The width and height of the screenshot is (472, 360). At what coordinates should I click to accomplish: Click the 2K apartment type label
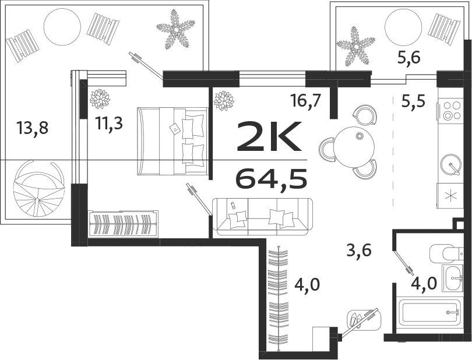[x=269, y=137]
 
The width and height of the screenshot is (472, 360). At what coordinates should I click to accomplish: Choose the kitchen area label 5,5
[x=413, y=102]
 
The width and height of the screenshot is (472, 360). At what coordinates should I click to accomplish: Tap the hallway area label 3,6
[x=358, y=252]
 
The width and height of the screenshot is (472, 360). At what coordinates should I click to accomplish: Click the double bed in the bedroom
[x=172, y=141]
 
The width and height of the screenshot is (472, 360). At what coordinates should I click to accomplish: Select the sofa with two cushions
[x=262, y=217]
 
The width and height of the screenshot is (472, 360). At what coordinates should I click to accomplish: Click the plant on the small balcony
[x=355, y=45]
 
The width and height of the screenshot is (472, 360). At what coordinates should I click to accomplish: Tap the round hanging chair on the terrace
[x=38, y=189]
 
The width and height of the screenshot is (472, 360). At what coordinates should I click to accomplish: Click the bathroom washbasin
[x=452, y=279]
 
